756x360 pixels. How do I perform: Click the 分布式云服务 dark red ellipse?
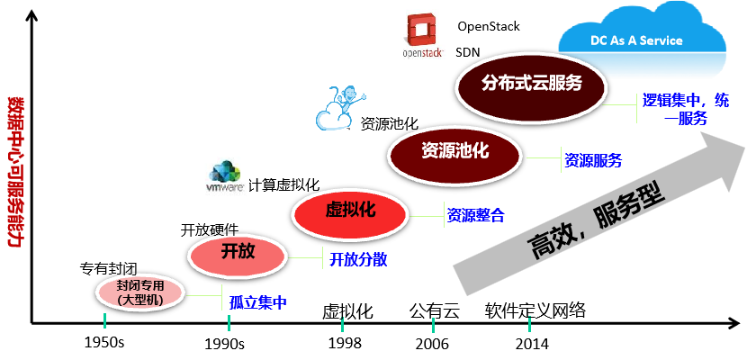(532, 84)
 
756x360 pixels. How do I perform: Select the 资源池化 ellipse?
(455, 152)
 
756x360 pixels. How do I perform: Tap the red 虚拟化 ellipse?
(350, 211)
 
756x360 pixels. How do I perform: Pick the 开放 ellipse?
(238, 254)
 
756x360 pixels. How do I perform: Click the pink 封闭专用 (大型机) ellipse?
(139, 292)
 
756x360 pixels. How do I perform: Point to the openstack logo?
(422, 36)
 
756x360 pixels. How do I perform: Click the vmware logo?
(226, 176)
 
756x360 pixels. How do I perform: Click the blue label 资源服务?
(592, 161)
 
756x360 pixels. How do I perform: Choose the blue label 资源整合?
(476, 215)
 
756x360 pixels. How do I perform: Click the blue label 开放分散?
(357, 259)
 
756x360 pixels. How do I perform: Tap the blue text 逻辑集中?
(667, 100)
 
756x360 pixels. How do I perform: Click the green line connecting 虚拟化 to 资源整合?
(427, 216)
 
